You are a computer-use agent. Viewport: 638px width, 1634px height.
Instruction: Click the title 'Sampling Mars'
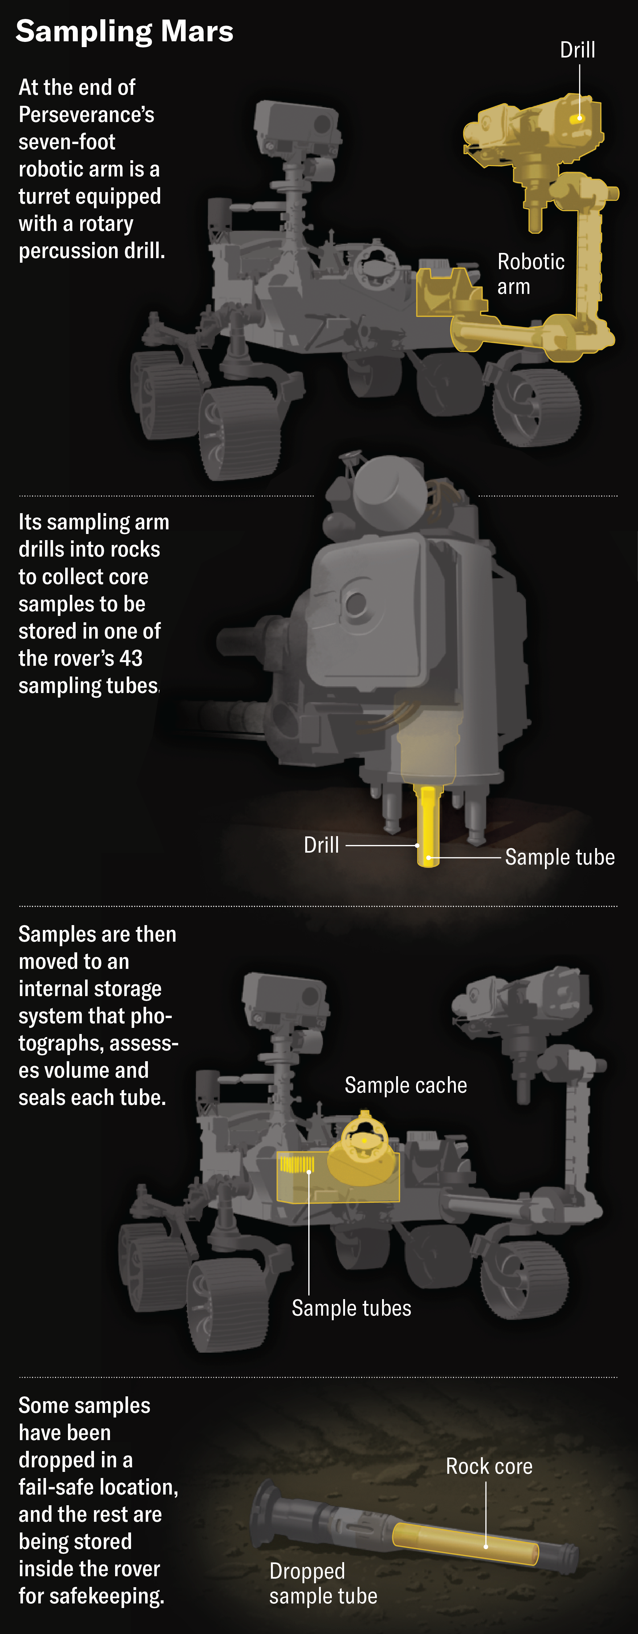pos(124,31)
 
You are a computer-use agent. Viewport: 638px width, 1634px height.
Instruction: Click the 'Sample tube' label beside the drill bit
pos(559,857)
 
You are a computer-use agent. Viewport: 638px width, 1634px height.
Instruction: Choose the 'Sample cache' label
pos(406,1085)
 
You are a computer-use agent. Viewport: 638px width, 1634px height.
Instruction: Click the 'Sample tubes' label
pos(351,1308)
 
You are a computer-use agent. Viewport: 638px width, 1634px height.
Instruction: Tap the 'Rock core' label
pos(489,1466)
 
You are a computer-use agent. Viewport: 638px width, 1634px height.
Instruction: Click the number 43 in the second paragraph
pos(131,658)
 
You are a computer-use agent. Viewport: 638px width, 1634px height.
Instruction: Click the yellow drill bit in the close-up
pos(429,824)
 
